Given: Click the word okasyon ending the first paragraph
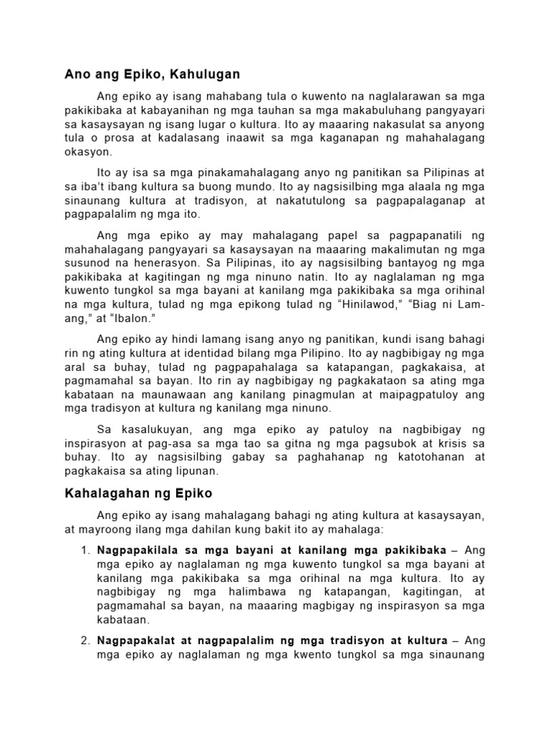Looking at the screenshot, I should pos(88,152).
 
